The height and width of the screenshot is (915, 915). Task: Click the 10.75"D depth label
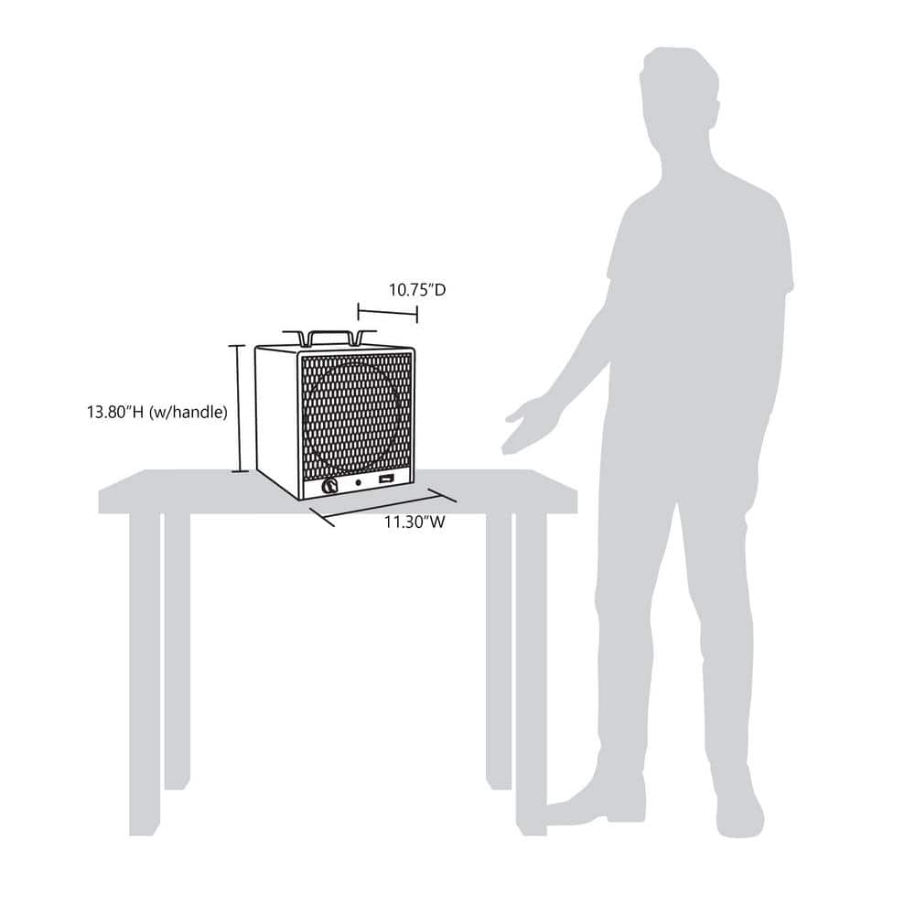(416, 291)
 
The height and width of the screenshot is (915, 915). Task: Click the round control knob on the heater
(328, 486)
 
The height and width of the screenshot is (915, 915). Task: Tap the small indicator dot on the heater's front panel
(359, 481)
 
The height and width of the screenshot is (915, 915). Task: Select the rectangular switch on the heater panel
(388, 479)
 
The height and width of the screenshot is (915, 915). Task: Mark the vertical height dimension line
(239, 408)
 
